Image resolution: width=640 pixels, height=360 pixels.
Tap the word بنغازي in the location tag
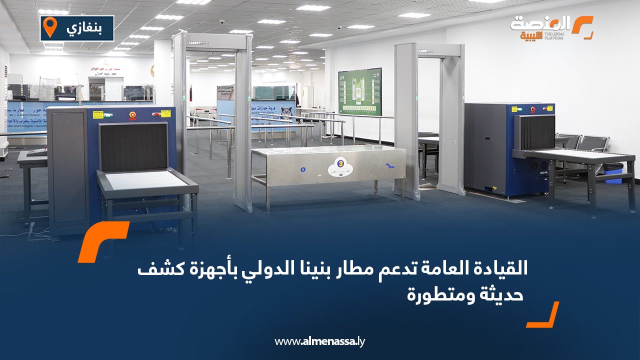coord(83,28)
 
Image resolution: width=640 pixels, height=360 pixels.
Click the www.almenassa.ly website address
coord(320,341)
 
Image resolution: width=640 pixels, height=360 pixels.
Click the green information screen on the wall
coord(359,91)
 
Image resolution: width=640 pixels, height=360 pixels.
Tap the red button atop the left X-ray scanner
coord(132,115)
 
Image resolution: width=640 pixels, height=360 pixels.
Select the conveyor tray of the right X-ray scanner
coord(575,155)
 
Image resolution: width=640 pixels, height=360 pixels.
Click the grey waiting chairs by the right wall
coord(588,143)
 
